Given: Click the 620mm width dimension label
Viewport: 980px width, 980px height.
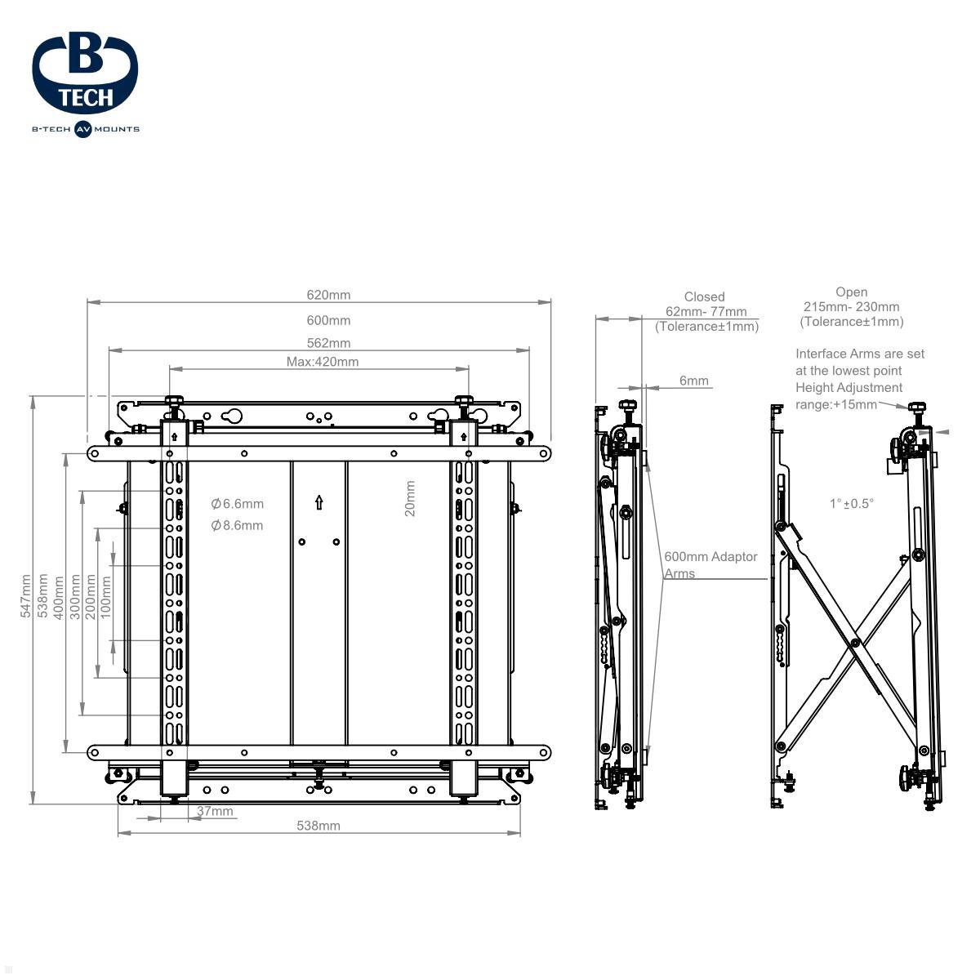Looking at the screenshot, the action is [x=328, y=295].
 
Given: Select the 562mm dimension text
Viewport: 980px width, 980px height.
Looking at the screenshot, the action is [x=328, y=343].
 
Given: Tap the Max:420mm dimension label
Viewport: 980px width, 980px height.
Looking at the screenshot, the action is [x=323, y=362].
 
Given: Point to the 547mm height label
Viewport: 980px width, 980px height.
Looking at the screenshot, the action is [x=25, y=596].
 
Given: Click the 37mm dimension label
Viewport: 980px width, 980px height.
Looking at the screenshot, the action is [x=215, y=811].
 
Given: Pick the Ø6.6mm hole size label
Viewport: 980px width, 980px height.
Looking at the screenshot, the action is [x=238, y=504].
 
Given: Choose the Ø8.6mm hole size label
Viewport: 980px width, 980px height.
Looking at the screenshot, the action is [x=238, y=525].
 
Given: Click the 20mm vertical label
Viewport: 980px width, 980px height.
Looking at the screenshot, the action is [x=410, y=498].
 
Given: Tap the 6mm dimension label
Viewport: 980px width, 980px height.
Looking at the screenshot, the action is [x=693, y=381].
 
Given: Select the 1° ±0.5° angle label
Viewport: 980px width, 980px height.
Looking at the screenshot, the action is [x=851, y=504].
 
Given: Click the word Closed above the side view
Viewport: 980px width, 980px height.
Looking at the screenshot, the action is [x=704, y=296].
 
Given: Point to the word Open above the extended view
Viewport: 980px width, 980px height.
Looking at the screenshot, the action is [x=851, y=292].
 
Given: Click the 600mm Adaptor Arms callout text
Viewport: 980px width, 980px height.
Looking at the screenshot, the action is [x=710, y=564].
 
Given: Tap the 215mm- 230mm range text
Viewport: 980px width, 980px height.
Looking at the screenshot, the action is [x=851, y=307].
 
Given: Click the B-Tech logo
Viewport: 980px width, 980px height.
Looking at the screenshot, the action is [x=86, y=85].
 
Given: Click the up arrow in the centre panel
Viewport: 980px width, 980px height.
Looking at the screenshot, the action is [x=318, y=502].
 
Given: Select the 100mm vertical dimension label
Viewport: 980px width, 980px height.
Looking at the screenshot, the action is [x=105, y=597].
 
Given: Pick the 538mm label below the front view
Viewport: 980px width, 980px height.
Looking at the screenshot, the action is [x=318, y=826].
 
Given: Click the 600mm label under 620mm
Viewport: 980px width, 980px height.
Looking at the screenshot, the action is [x=328, y=320].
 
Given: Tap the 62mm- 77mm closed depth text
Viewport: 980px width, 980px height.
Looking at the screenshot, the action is [x=706, y=311].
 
